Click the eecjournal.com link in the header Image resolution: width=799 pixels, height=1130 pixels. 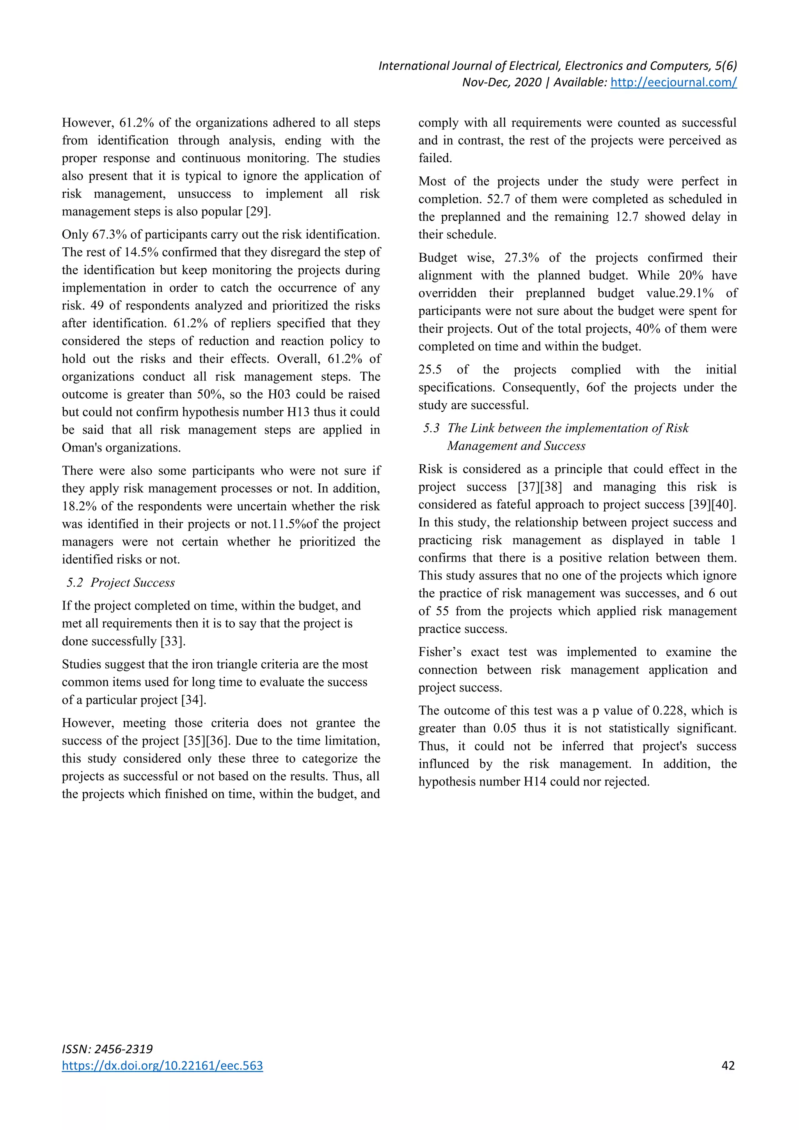[x=673, y=82]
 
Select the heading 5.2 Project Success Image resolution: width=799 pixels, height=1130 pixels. [x=121, y=583]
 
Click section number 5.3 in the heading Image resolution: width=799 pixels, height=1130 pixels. [x=431, y=428]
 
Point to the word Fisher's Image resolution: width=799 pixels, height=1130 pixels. [x=440, y=652]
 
